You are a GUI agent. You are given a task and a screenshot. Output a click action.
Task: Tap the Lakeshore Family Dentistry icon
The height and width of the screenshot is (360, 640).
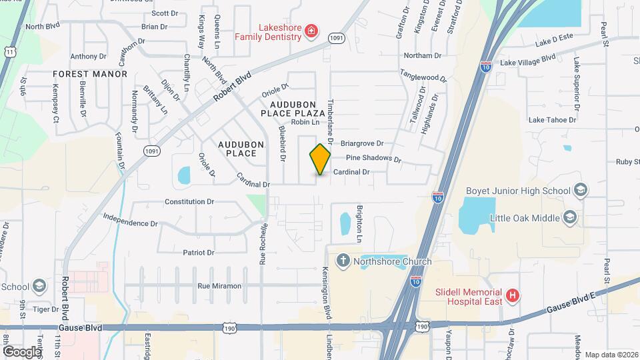[311, 31]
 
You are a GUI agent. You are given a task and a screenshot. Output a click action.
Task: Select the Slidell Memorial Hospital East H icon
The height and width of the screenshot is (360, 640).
[512, 295]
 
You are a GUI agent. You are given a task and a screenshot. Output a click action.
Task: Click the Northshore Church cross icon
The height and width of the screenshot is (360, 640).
[343, 261]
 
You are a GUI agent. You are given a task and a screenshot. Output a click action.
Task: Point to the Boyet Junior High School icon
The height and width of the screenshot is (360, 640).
[579, 191]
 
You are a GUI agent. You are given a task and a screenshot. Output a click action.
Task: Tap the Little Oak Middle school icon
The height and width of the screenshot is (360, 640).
[569, 217]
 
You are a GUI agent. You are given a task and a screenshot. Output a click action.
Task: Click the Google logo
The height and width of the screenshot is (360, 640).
[22, 351]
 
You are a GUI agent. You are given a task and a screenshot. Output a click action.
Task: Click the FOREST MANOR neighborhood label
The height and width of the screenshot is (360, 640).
[90, 74]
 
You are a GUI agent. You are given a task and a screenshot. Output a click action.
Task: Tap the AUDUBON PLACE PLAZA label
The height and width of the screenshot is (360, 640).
[297, 110]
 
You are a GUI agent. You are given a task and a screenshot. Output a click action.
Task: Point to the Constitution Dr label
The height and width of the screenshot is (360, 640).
[189, 201]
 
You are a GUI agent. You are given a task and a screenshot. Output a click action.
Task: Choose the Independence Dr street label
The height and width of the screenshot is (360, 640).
[131, 219]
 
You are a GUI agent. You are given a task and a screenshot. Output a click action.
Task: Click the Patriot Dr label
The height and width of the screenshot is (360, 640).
[199, 253]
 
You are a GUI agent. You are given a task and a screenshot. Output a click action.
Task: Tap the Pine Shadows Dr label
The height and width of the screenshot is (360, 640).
[373, 159]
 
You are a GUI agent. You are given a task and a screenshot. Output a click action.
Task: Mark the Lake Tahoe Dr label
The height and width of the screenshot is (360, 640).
[551, 120]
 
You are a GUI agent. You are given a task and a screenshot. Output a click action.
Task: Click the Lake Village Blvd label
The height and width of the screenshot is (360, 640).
[527, 61]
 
